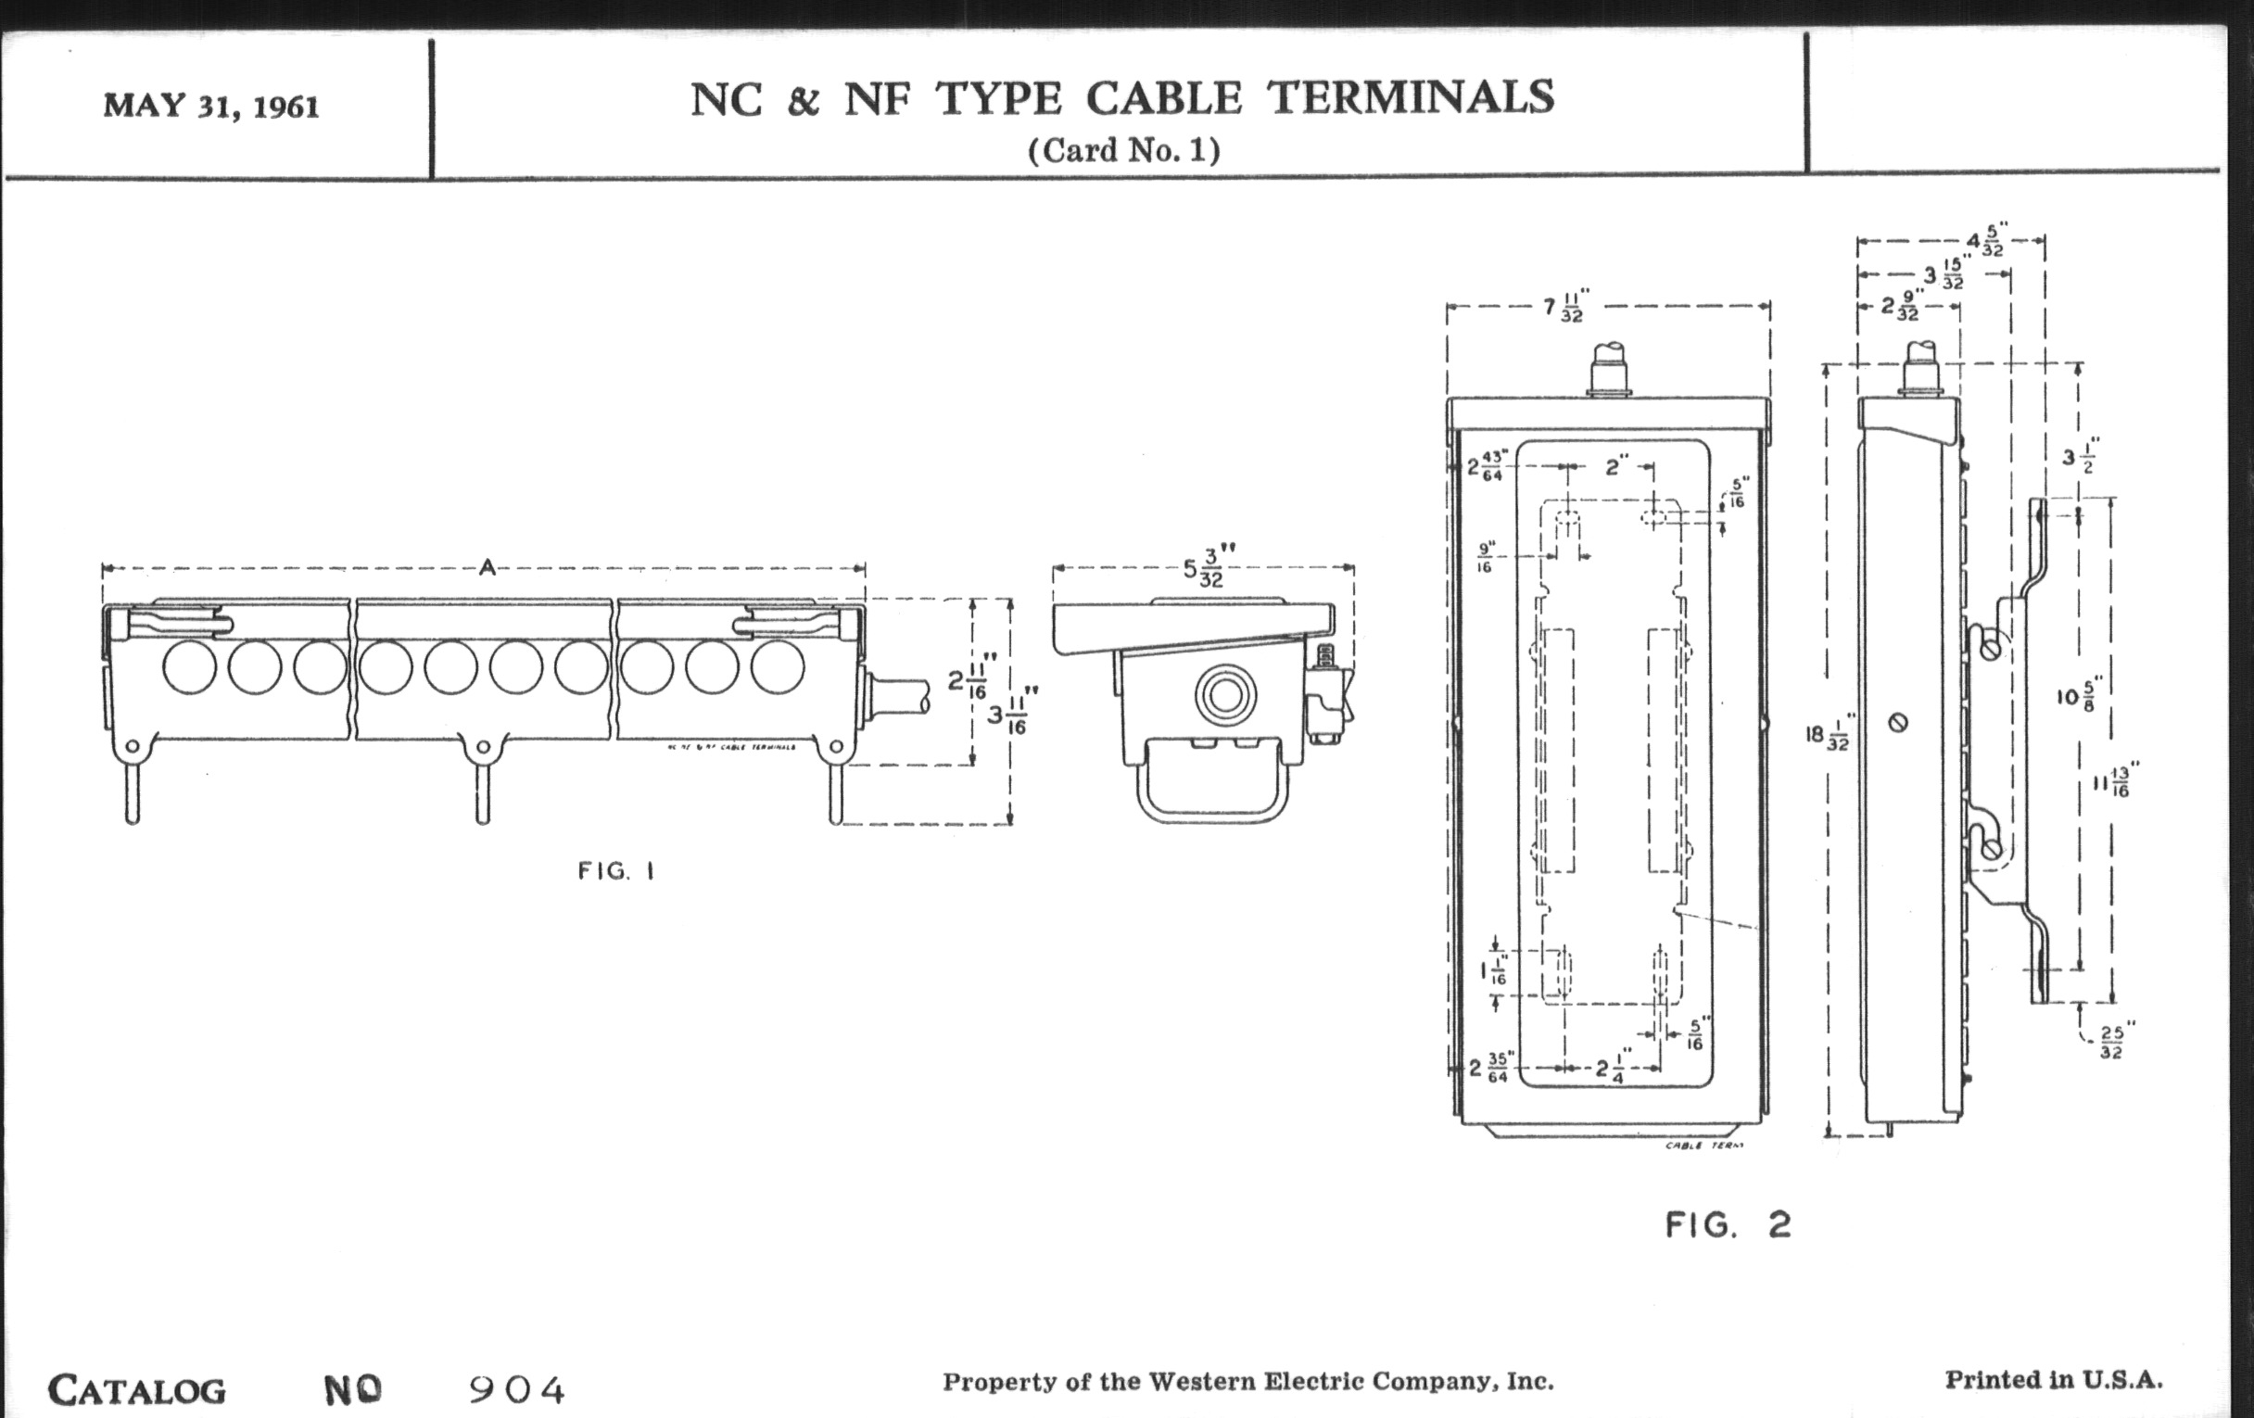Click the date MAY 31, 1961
[211, 106]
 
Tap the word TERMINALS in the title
[1411, 98]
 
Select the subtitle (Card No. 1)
[1124, 151]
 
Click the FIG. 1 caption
[616, 871]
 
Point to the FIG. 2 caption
[1728, 1225]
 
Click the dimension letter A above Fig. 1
[487, 567]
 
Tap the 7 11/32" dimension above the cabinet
[1564, 307]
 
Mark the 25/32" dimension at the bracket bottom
[2110, 1043]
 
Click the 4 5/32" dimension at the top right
[1985, 241]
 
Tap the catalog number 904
[517, 1390]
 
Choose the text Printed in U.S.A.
[2054, 1380]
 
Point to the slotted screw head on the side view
[1898, 723]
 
